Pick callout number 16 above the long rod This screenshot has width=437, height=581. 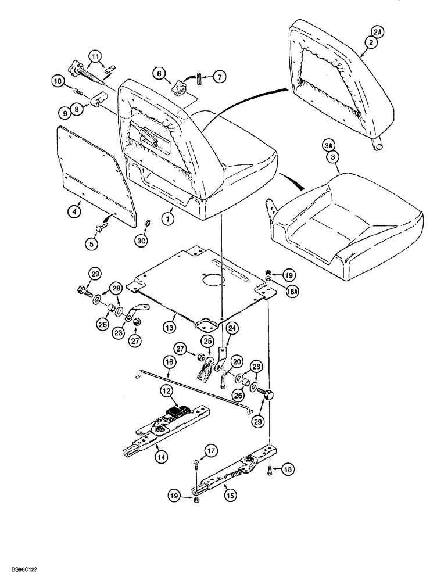(169, 362)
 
